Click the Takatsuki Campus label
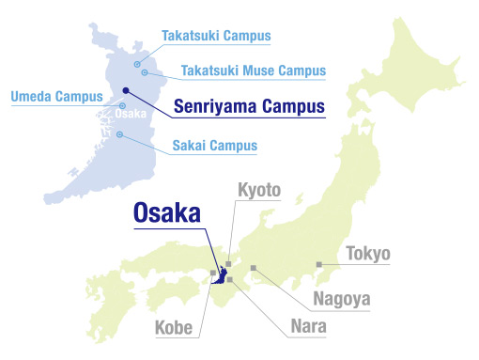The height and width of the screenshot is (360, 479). (x=215, y=37)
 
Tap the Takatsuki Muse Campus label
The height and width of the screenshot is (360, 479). (x=251, y=70)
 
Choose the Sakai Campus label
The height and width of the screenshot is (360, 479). (x=214, y=146)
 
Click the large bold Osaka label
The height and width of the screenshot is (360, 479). (x=164, y=213)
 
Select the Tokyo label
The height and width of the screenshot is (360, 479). (x=368, y=254)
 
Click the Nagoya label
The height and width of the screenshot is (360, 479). (x=342, y=301)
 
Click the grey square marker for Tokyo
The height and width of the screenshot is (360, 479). (x=319, y=264)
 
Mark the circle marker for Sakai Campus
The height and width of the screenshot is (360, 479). (x=120, y=133)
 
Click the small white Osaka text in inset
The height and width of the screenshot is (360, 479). (x=131, y=115)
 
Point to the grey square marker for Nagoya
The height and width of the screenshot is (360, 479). (x=254, y=269)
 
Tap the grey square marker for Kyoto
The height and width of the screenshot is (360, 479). (x=228, y=264)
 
